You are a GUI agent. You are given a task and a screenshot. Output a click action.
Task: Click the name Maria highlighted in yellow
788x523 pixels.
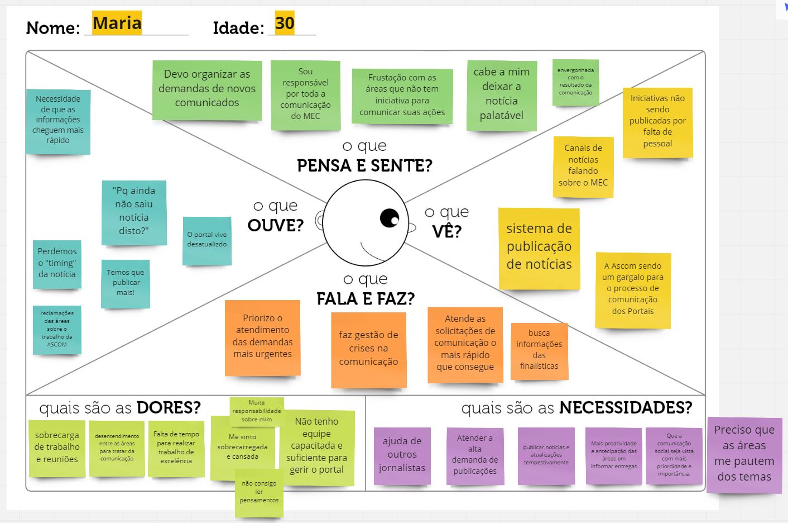click(117, 23)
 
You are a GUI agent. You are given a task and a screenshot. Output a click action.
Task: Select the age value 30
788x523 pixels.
click(285, 23)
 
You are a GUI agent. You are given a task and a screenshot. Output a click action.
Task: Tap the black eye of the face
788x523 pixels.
click(390, 217)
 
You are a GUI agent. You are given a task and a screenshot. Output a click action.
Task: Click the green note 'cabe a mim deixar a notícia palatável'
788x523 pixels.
click(502, 94)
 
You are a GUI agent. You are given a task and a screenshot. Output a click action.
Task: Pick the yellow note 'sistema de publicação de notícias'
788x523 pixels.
click(539, 247)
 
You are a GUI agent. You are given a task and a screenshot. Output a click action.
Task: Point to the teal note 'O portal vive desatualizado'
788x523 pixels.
click(207, 240)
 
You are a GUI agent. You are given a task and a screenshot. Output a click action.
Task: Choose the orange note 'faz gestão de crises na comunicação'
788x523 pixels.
click(368, 349)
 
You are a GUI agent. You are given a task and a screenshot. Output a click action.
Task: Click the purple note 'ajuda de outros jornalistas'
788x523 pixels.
click(402, 455)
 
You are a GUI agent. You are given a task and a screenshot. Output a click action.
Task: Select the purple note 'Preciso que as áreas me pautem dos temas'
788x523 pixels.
click(744, 454)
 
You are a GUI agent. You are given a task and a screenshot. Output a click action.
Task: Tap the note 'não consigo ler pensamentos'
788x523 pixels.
click(259, 493)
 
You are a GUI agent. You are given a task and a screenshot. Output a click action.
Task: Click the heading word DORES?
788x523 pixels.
click(169, 408)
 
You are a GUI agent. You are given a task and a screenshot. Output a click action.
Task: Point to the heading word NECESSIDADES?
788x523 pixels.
click(626, 408)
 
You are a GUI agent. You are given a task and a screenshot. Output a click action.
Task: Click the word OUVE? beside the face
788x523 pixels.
click(276, 225)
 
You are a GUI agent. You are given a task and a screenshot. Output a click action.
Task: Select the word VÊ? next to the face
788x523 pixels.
click(446, 231)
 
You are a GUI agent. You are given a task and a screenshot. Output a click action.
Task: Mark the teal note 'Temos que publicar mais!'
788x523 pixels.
click(126, 283)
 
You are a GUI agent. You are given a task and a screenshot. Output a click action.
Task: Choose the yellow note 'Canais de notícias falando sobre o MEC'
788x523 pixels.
click(583, 165)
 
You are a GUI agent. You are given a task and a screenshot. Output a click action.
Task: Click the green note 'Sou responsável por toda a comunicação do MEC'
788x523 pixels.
click(305, 94)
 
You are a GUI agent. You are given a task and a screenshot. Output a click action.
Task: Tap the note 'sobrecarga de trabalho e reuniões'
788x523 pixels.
click(57, 448)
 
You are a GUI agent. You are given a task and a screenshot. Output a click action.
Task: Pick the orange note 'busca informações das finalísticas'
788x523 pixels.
click(539, 350)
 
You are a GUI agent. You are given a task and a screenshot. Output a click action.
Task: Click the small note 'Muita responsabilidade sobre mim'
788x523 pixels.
click(257, 411)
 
